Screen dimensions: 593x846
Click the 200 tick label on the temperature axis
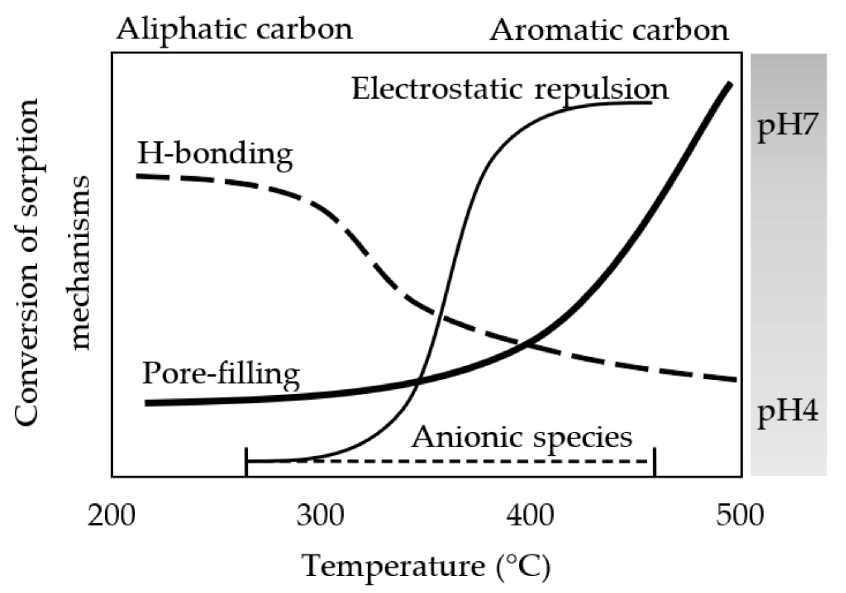pos(111,515)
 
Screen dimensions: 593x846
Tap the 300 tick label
pos(320,515)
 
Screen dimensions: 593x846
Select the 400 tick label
pos(530,515)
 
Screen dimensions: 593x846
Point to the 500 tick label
pos(739,515)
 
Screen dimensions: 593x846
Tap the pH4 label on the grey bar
pos(788,411)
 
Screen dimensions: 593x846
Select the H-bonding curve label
pos(215,154)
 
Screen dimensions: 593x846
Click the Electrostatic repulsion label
pos(510,90)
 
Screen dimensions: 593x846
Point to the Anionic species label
pos(522,437)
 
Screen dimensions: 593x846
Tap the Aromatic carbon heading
pos(609,30)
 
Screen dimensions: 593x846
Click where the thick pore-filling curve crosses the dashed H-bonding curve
pos(527,343)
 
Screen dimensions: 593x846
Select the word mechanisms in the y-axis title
pos(81,263)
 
